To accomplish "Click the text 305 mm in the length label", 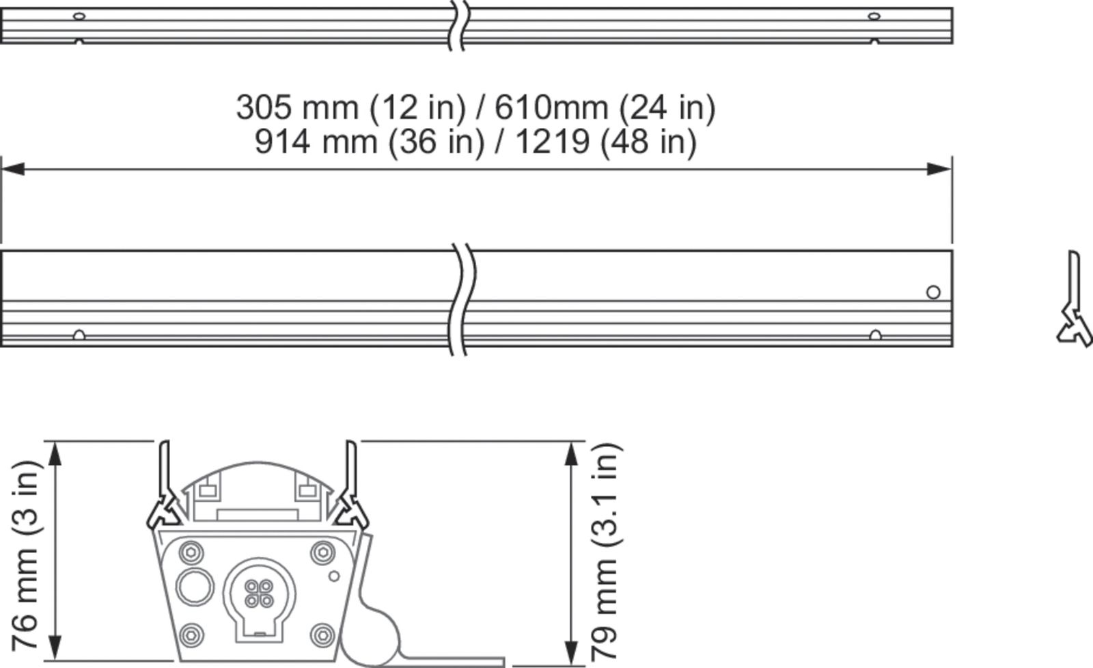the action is point(297,107).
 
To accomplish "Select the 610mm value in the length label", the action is point(551,107).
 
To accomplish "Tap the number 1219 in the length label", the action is point(553,142).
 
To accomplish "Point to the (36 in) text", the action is point(437,142).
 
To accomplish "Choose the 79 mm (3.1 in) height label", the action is point(605,552).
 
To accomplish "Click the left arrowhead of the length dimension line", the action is point(13,170).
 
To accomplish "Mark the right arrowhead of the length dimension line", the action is point(939,170).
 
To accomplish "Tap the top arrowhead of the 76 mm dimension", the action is point(55,453).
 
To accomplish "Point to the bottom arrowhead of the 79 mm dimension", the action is point(571,654).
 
